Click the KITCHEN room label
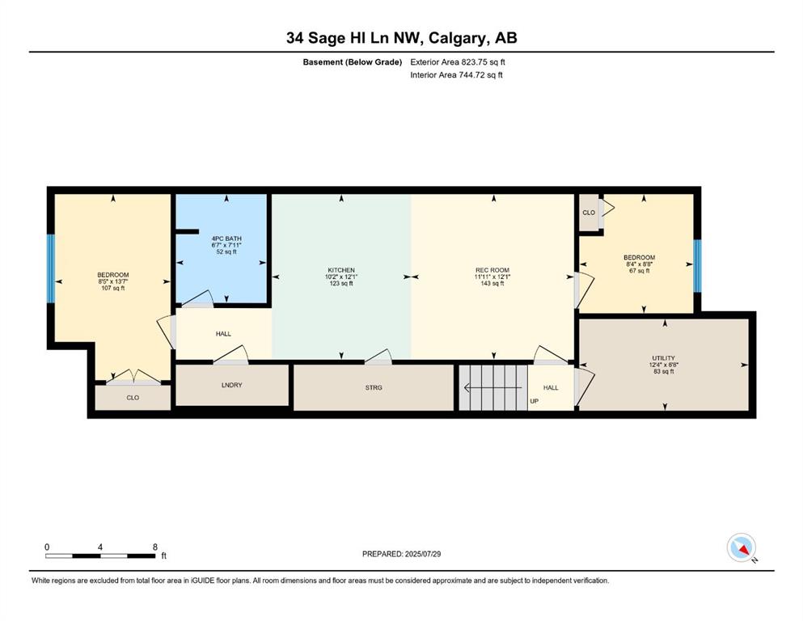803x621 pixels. [x=341, y=270]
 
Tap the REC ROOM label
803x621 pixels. [x=492, y=270]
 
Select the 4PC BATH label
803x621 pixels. [x=226, y=239]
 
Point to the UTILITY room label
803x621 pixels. [x=663, y=358]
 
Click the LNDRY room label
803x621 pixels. [x=231, y=385]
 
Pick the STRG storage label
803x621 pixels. [x=374, y=387]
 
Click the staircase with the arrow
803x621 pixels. [x=493, y=387]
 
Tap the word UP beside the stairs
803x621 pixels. [x=535, y=401]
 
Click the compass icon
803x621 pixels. [x=742, y=547]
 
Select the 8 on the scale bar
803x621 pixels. [x=155, y=547]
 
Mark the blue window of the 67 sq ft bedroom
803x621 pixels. [x=698, y=266]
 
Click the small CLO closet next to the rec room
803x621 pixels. [x=589, y=213]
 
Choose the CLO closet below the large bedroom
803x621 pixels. [x=133, y=398]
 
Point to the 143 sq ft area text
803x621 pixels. [x=492, y=284]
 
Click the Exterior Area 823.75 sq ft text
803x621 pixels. [x=458, y=62]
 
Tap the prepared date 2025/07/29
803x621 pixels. [x=422, y=554]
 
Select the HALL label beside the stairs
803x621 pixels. [x=551, y=387]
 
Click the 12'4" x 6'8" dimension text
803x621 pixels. [x=664, y=365]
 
